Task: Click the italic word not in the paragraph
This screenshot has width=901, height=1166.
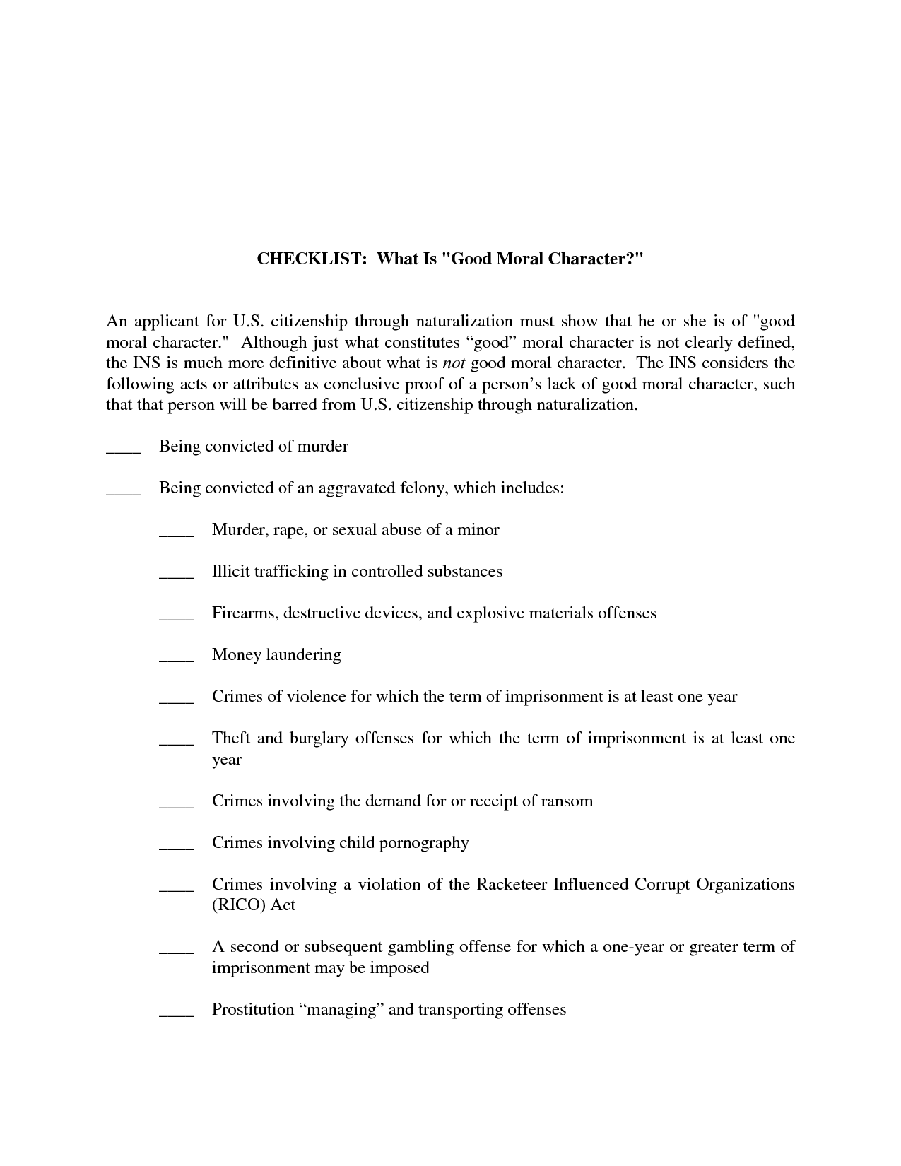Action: click(x=453, y=363)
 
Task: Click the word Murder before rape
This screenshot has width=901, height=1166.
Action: click(x=239, y=530)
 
